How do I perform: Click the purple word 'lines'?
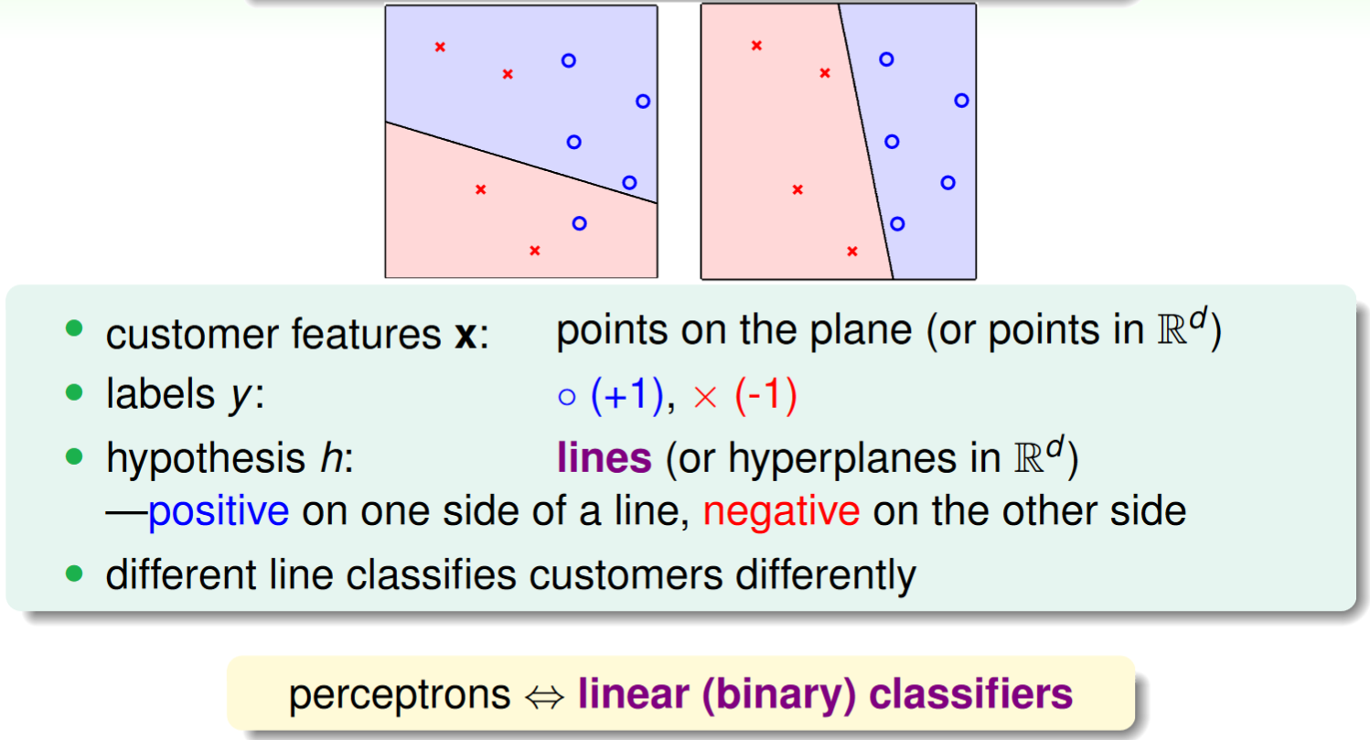(605, 458)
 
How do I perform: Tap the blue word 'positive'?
(219, 511)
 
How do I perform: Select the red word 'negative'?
(781, 512)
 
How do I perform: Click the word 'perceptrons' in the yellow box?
(400, 696)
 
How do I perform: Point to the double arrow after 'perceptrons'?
(544, 697)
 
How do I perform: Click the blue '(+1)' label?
(627, 394)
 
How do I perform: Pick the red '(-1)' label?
(766, 394)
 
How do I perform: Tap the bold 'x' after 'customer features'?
(466, 336)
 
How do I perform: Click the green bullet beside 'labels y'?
(74, 392)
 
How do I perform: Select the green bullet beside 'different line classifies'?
(74, 574)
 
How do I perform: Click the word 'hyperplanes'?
(842, 459)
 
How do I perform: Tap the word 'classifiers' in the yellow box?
(970, 694)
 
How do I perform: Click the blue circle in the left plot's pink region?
(579, 224)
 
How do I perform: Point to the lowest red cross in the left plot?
(535, 251)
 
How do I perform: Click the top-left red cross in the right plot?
(756, 45)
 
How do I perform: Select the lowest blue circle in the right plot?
(897, 224)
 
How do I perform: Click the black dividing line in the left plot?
(521, 163)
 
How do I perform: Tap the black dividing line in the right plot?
(865, 141)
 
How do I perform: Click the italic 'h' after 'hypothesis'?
(332, 458)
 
